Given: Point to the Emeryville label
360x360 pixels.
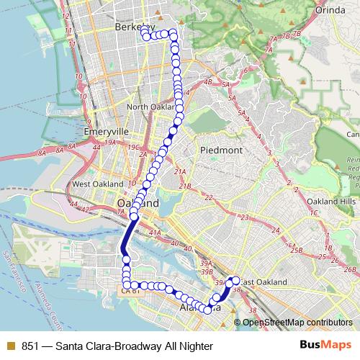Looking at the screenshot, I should [105, 132].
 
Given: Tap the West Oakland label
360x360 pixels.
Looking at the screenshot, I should [94, 184].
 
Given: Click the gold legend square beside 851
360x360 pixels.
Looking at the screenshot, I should [9, 344].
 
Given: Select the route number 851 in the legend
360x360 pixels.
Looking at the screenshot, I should [31, 344].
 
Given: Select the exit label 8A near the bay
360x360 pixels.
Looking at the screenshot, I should [42, 153].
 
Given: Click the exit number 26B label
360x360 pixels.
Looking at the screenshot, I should [350, 270].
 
